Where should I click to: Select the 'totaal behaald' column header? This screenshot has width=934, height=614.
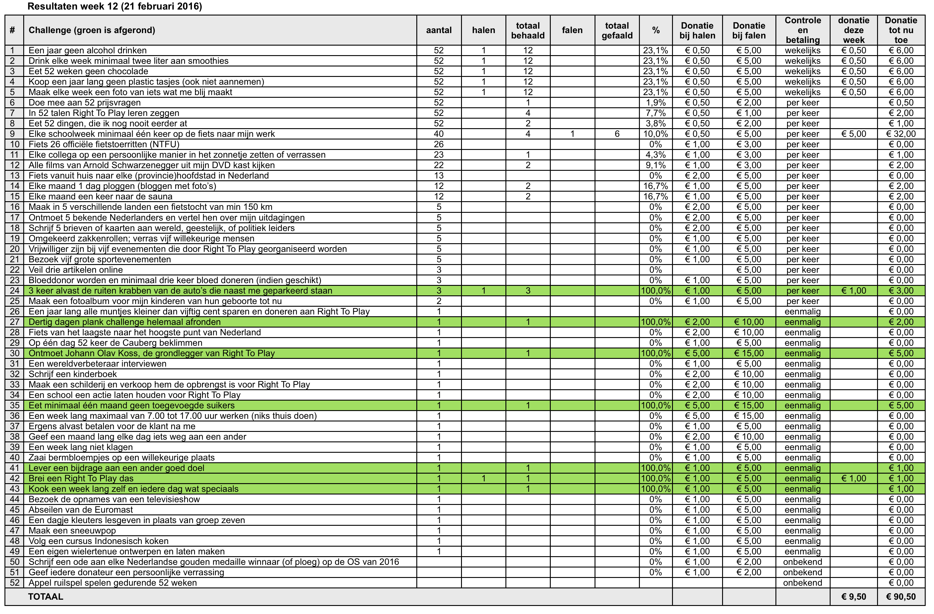pyautogui.click(x=528, y=30)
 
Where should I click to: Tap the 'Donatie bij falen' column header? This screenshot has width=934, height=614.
pyautogui.click(x=749, y=30)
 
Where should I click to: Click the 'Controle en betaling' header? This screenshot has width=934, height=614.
pyautogui.click(x=803, y=30)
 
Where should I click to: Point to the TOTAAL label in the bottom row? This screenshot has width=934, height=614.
pyautogui.click(x=46, y=596)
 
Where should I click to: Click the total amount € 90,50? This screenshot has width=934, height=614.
pyautogui.click(x=901, y=597)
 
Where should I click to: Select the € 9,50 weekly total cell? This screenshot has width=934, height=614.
pyautogui.click(x=854, y=597)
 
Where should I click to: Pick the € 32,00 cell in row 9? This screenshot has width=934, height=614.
pyautogui.click(x=901, y=134)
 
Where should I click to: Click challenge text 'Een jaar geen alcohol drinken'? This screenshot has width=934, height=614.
pyautogui.click(x=88, y=50)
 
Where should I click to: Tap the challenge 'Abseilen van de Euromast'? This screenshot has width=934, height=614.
pyautogui.click(x=81, y=510)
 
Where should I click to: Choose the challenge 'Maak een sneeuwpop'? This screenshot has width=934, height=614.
pyautogui.click(x=72, y=530)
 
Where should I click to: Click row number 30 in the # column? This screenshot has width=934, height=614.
pyautogui.click(x=15, y=353)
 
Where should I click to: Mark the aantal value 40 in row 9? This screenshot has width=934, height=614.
pyautogui.click(x=439, y=134)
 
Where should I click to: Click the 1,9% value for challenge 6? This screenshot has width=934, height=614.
pyautogui.click(x=655, y=103)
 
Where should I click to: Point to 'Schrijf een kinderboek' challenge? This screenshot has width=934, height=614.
pyautogui.click(x=73, y=374)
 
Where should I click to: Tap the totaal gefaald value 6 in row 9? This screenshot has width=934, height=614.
pyautogui.click(x=617, y=134)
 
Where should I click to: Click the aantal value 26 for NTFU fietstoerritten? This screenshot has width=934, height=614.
pyautogui.click(x=439, y=144)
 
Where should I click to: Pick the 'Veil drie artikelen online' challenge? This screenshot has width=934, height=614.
pyautogui.click(x=76, y=270)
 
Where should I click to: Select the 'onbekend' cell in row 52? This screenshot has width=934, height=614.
pyautogui.click(x=803, y=583)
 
